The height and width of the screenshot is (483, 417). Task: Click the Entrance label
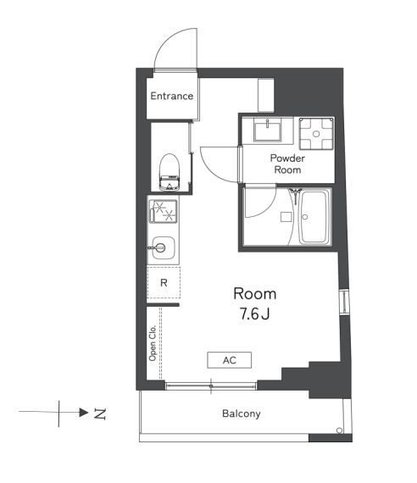pos(172,96)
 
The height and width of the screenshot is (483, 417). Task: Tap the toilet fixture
pos(170,172)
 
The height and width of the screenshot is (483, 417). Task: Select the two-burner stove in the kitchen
pos(163,211)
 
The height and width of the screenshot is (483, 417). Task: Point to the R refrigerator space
pos(164,283)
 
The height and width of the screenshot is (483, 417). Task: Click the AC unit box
pos(230,360)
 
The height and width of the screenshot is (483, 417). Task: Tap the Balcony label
pos(242,414)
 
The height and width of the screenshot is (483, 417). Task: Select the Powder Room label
pos(287,164)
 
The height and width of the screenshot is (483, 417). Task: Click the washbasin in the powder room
pos(267,130)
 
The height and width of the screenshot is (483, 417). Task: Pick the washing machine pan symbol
pos(316,134)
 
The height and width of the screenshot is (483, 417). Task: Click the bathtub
pos(314,217)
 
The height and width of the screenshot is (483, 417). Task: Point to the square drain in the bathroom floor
pos(286,217)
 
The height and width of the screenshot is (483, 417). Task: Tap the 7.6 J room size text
pos(255,314)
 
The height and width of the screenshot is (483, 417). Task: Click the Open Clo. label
pos(153,343)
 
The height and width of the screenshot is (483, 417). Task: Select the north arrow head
pos(84,412)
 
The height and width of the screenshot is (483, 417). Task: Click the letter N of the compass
pos(100,414)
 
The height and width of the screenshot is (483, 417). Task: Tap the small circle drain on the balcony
pos(339,430)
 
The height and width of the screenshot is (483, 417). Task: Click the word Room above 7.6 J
pos(255,294)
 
